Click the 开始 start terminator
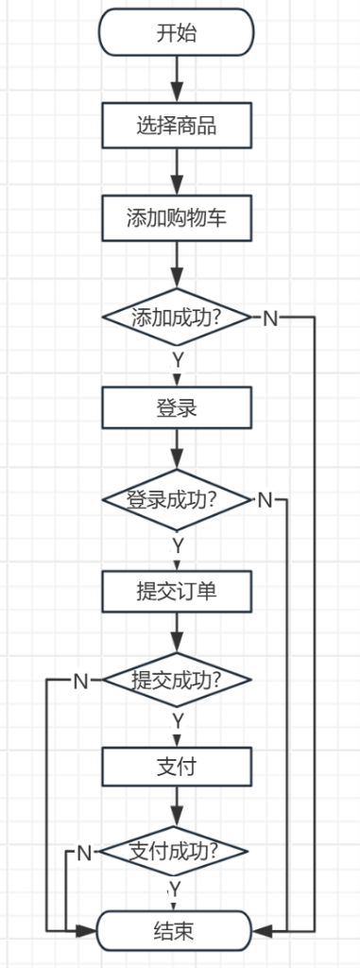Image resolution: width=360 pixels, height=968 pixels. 177,34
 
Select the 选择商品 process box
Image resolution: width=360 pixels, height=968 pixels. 177,126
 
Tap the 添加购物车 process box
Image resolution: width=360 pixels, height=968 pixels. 177,217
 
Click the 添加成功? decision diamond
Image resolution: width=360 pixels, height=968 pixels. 177,317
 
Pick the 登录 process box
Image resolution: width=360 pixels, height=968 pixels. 177,408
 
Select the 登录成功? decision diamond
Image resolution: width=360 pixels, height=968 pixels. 177,499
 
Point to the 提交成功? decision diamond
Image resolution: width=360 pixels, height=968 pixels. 177,681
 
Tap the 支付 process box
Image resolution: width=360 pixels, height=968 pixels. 177,767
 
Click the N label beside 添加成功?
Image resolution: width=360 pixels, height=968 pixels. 269,318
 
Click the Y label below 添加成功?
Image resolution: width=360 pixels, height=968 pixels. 177,361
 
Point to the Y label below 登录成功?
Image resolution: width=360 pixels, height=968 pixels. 177,545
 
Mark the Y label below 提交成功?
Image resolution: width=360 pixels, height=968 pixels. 177,721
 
